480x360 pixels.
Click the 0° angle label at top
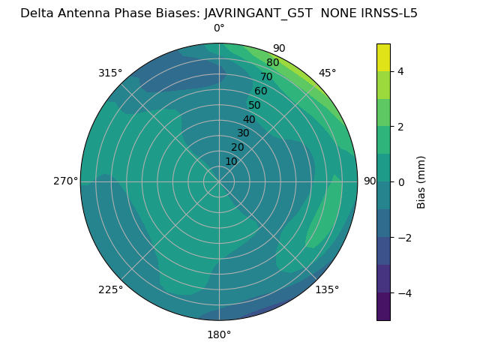coord(219,28)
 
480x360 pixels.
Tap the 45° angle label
coord(328,73)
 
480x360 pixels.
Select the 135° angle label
coord(327,289)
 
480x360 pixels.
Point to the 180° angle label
coord(219,334)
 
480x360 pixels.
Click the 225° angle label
coord(110,289)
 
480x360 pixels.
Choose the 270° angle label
coord(65,181)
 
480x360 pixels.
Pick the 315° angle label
coord(110,73)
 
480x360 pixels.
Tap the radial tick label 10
coord(231,161)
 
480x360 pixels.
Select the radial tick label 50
coord(255,106)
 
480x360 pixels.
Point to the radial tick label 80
coord(273,63)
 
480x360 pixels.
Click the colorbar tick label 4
coord(401,71)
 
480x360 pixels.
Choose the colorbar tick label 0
coord(401,181)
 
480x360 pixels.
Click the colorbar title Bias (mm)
coord(421,181)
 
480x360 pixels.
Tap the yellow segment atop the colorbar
coord(383,57)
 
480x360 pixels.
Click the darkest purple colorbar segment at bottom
coord(383,306)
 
